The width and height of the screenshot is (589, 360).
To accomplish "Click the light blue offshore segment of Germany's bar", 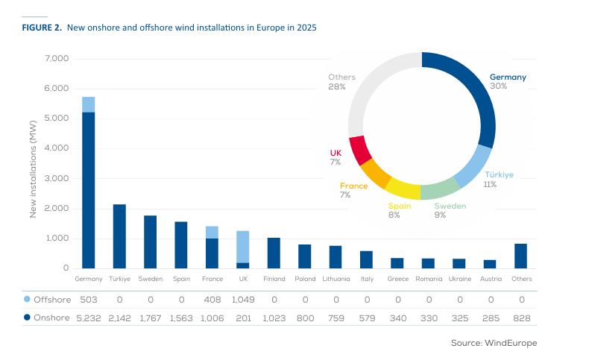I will [x=89, y=104].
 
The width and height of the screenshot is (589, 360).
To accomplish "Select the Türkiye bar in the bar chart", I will [x=119, y=236].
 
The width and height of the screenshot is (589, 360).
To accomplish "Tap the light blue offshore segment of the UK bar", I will [x=243, y=247].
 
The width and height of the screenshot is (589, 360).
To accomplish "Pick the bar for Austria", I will [x=489, y=264].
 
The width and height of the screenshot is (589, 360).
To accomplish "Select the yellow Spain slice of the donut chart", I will [x=403, y=189].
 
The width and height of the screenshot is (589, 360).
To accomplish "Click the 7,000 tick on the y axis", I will [x=57, y=59].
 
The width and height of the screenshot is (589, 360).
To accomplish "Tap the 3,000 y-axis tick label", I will [x=57, y=179].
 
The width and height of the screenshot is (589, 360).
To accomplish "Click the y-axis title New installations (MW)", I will [x=33, y=164].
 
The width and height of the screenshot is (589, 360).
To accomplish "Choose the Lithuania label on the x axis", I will [x=336, y=280].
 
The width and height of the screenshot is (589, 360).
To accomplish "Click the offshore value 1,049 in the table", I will [x=243, y=300].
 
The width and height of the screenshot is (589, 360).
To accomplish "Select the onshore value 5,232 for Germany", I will [x=89, y=318].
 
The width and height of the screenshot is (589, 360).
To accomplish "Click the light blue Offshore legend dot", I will [x=28, y=300].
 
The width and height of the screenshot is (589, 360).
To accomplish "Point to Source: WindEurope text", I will [x=494, y=343].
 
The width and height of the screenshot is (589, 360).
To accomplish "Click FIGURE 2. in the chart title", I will [x=42, y=28].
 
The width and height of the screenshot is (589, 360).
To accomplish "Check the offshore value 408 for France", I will [x=212, y=300].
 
